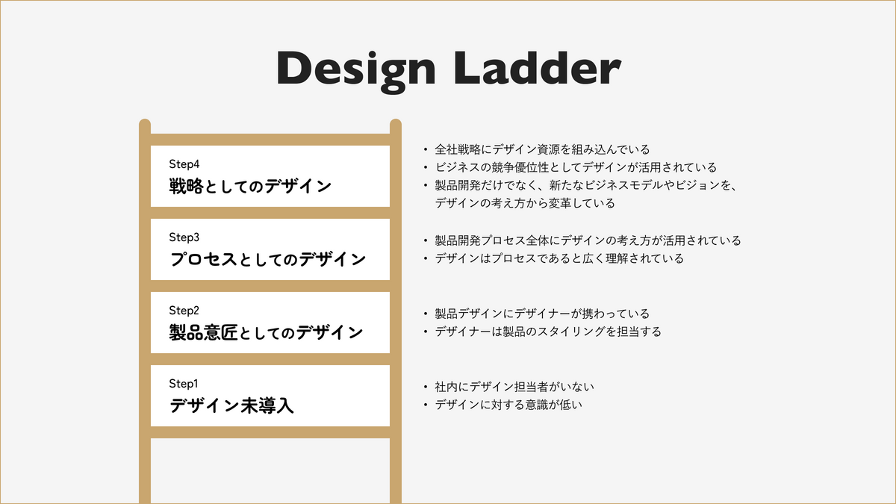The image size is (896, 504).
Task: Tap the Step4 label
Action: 184,164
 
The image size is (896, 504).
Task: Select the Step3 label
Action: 184,237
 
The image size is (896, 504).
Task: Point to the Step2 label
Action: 184,311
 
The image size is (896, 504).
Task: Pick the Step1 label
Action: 184,384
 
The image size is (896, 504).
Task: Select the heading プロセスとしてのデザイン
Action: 268,259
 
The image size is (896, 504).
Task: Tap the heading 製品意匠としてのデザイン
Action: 267,332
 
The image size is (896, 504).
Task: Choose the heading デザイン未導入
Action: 232,405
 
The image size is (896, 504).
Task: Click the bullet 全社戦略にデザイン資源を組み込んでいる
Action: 542,149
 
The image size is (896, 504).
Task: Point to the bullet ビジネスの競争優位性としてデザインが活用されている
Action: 575,167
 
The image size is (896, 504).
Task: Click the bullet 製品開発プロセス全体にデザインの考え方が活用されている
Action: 588,240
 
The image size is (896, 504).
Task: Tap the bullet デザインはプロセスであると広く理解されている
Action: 559,258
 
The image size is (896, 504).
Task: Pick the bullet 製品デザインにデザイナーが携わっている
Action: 542,314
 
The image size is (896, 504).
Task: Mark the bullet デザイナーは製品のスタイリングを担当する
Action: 547,332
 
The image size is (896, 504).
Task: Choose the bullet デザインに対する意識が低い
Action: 508,405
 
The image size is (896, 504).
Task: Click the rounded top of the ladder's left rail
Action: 145,124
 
